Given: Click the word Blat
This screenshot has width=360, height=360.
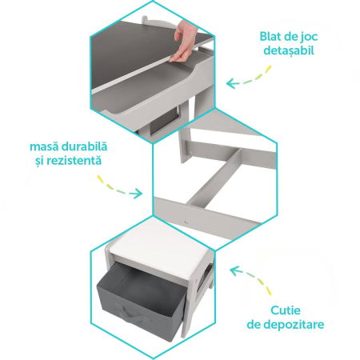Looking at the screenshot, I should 273,37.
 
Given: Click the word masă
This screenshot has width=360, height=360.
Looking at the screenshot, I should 46,146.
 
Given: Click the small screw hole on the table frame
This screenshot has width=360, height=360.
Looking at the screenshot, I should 186,214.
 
